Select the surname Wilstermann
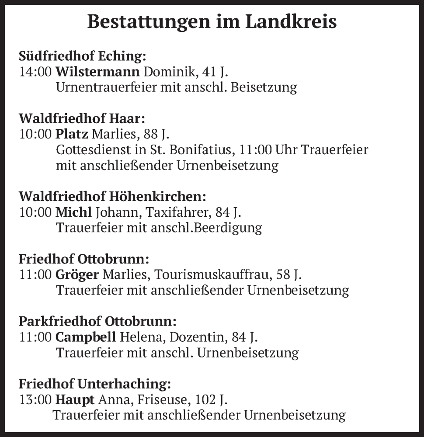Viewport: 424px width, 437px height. click(98, 72)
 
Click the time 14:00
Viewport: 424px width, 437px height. click(35, 72)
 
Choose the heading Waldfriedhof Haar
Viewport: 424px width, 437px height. click(81, 119)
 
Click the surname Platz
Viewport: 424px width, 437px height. click(72, 134)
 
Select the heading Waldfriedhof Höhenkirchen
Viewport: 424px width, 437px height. click(112, 197)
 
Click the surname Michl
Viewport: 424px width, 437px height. click(73, 212)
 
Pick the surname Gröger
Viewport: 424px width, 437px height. click(77, 275)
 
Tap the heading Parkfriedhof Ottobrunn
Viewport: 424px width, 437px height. click(97, 322)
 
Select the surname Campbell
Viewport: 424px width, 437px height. click(86, 337)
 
